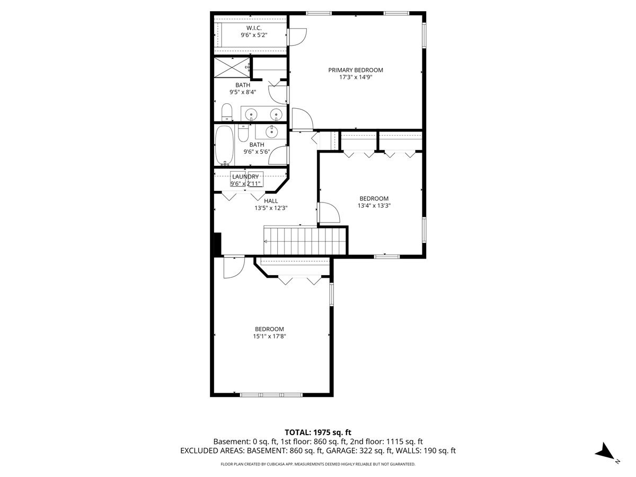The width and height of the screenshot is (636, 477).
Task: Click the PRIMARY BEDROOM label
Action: pos(355,70)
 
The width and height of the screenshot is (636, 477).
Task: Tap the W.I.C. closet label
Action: pos(254,28)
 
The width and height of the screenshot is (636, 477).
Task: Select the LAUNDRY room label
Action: pos(245,176)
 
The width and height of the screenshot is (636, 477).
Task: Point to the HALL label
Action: pos(271,201)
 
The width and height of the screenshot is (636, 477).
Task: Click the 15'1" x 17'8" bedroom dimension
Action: pos(269,336)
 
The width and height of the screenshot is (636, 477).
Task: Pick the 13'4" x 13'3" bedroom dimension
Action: pos(374,206)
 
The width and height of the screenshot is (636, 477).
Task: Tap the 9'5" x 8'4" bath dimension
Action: pos(243,92)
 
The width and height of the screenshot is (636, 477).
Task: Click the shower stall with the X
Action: pos(232,67)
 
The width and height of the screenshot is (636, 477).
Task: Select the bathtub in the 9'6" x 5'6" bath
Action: pos(225,145)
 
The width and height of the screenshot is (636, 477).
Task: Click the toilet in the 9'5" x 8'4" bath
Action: pos(227,112)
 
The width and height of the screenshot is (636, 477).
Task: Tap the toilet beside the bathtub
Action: pos(243,133)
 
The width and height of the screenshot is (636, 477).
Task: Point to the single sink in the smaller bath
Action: pos(271,132)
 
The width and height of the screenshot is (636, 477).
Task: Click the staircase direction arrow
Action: pos(266,242)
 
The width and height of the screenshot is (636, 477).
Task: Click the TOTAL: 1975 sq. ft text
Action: pos(318,432)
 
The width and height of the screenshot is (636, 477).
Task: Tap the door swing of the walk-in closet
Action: pos(297,37)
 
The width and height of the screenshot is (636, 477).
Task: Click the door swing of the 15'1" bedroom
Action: pos(234,268)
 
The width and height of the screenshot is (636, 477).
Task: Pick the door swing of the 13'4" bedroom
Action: pos(329,213)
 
